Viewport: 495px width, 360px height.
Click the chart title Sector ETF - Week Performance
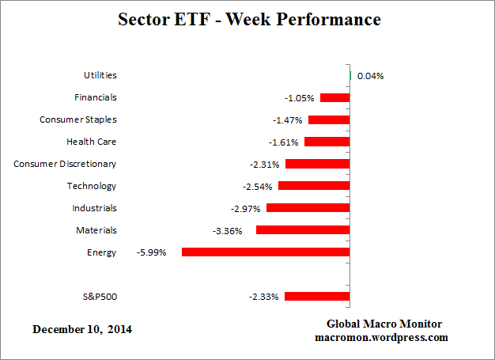(247, 19)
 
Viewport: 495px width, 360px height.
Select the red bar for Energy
(266, 252)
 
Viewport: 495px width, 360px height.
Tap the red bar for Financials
(334, 98)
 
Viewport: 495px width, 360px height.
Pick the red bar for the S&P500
(317, 297)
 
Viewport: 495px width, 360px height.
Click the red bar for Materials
(302, 230)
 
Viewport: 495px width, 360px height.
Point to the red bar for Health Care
(327, 142)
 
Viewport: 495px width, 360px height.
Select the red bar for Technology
(313, 187)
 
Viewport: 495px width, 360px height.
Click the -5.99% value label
(152, 253)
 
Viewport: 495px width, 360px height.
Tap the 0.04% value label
(370, 76)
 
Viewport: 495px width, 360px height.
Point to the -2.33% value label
(263, 297)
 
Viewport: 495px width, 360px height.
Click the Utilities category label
(100, 75)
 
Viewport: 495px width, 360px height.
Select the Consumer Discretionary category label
(65, 164)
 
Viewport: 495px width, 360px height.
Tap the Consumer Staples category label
(77, 119)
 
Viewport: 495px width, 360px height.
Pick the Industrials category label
(94, 208)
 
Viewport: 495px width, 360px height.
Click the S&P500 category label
(99, 297)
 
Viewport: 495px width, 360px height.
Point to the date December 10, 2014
(82, 329)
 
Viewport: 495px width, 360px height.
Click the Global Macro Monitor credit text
(384, 324)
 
